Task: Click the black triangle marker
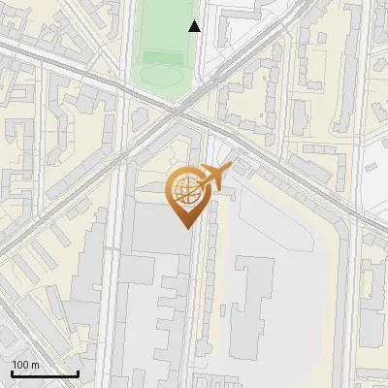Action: click(194, 26)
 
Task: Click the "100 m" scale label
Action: click(26, 365)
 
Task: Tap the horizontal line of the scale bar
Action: click(45, 373)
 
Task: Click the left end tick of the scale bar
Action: click(12, 372)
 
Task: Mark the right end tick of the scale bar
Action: click(78, 372)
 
